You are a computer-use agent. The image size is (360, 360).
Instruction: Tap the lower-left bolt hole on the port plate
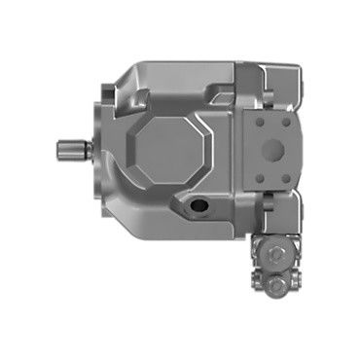pyautogui.click(x=257, y=178)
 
